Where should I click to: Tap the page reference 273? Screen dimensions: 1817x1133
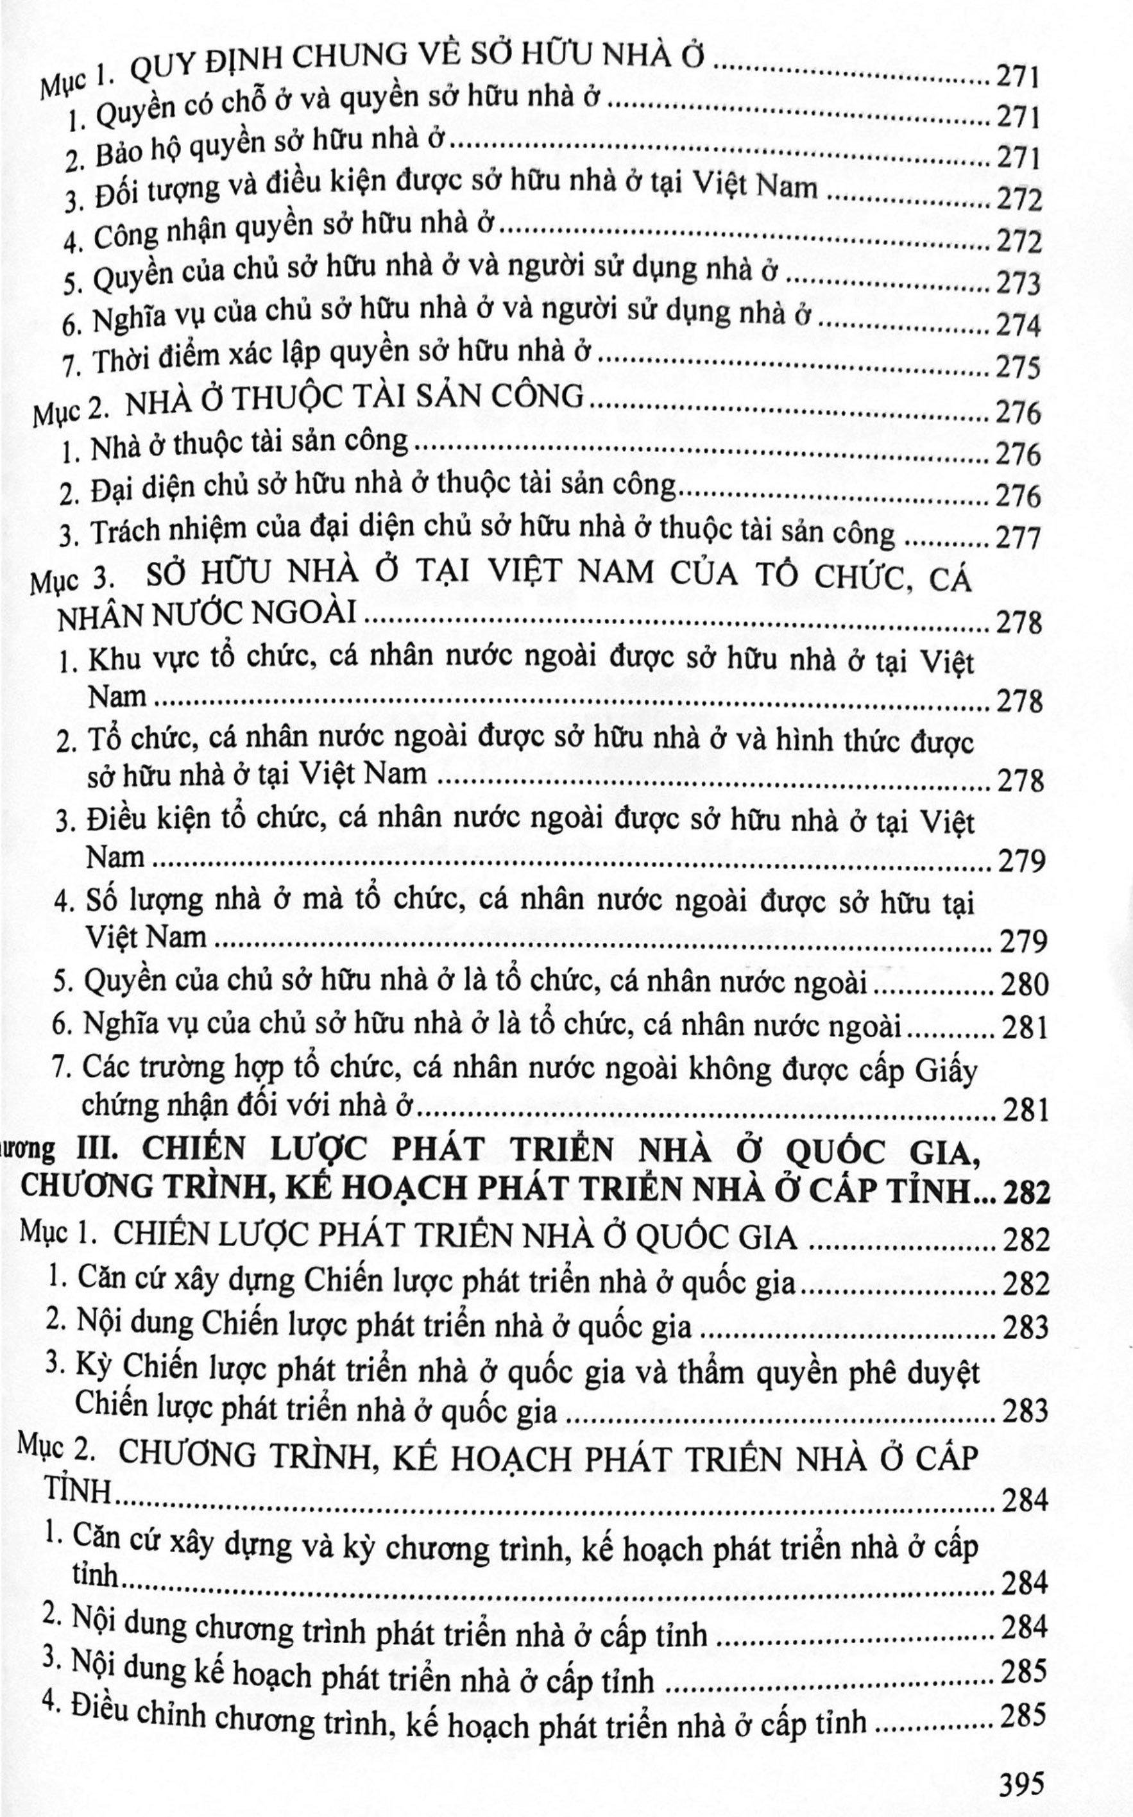tap(1018, 284)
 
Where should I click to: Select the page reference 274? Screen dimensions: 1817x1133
tap(1018, 326)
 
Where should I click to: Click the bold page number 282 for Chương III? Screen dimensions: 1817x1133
tap(1025, 1193)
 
